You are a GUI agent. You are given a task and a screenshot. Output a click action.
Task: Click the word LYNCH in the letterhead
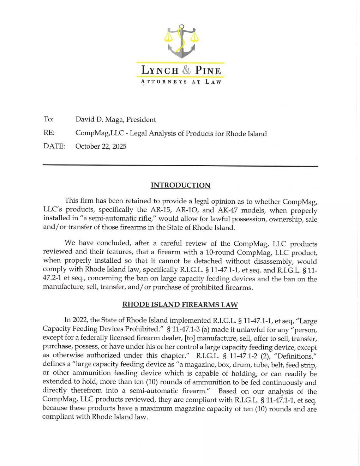(160, 71)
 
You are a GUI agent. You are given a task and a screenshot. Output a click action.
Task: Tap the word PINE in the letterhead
(207, 71)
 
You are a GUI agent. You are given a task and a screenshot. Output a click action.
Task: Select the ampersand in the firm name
(186, 71)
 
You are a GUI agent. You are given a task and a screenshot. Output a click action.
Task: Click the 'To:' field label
(48, 119)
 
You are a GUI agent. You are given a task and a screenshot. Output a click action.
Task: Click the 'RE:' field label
(49, 133)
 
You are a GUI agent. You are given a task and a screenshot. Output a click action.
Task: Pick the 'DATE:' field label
(54, 146)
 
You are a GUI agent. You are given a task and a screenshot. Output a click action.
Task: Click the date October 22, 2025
(101, 146)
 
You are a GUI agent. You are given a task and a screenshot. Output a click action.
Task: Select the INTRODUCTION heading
(180, 185)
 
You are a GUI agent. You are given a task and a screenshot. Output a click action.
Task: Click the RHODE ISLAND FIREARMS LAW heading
(180, 304)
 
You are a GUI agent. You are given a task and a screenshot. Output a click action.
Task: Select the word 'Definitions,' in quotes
(295, 356)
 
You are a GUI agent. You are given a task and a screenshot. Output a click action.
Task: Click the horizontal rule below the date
(180, 166)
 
